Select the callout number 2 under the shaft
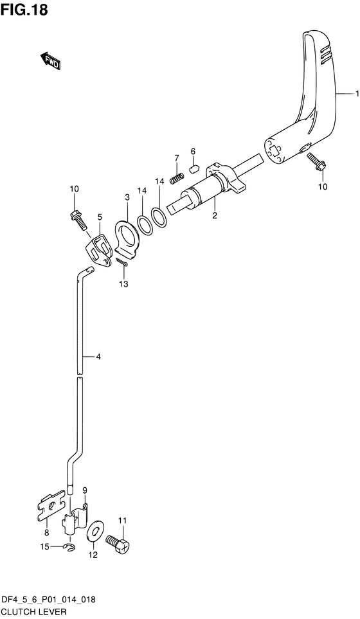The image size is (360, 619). tap(215, 216)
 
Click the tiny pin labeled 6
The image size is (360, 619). tap(192, 170)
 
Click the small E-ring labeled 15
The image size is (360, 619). tap(69, 546)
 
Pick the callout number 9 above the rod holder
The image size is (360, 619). tap(84, 490)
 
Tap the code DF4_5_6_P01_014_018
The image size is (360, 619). tap(48, 599)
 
